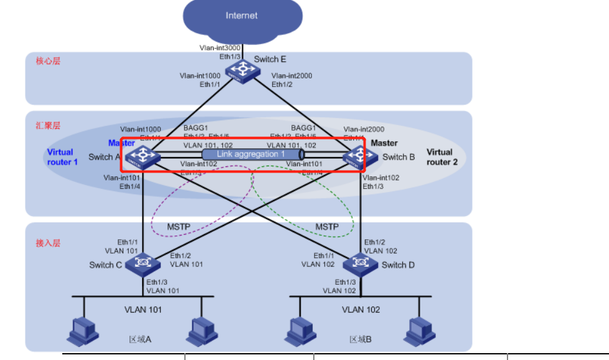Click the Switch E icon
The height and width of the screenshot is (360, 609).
[x=243, y=71]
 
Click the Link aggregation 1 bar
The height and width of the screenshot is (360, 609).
[x=252, y=154]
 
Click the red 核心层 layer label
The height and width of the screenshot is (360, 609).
[x=48, y=61]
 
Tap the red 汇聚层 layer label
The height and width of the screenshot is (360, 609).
[x=48, y=125]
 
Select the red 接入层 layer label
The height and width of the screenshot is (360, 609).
[x=48, y=243]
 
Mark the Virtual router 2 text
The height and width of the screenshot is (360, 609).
[x=439, y=156]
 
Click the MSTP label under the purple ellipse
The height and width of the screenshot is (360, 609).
[x=179, y=227]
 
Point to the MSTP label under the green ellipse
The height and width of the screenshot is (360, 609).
[x=327, y=227]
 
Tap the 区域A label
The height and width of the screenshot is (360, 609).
[x=138, y=339]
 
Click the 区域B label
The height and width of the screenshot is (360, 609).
[x=360, y=339]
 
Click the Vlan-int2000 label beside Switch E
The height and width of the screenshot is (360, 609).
[x=291, y=76]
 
